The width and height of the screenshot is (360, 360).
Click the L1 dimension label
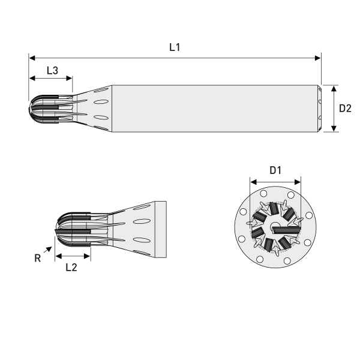(175, 47)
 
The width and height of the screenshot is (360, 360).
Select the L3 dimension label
(52, 70)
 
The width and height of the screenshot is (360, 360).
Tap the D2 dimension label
(345, 109)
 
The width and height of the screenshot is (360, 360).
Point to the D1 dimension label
(275, 170)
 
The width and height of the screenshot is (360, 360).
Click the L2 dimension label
(71, 268)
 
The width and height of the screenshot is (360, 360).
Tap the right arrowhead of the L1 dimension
(318, 58)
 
